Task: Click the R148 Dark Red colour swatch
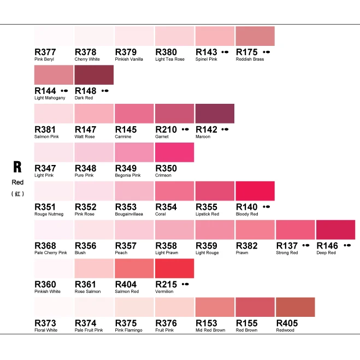[94, 75]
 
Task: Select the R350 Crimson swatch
[174, 152]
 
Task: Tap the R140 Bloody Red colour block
[255, 191]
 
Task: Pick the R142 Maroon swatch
[215, 114]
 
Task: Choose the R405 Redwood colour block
[296, 307]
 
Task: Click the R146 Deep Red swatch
[335, 230]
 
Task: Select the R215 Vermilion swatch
[174, 268]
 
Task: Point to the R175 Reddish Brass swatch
[255, 36]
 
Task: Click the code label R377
[45, 52]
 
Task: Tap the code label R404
[126, 285]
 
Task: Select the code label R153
[206, 323]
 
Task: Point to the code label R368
[45, 246]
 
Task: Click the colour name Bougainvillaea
[129, 214]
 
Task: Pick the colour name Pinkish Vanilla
[129, 59]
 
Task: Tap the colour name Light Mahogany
[50, 98]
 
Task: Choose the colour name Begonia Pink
[128, 175]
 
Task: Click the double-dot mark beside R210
[185, 129]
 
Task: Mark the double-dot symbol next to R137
[306, 246]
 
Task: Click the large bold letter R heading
[17, 167]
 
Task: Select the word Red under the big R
[17, 182]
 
